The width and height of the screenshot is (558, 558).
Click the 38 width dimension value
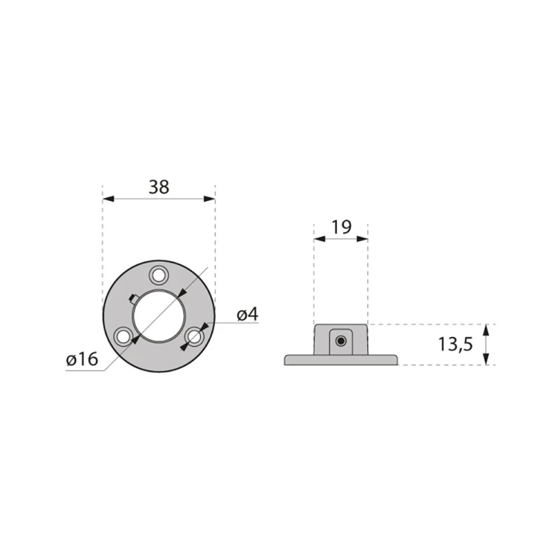[x=158, y=187]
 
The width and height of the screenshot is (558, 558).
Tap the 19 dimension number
[x=341, y=228]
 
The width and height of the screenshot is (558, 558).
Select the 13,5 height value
[x=455, y=344]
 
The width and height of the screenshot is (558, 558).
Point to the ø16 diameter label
[x=82, y=359]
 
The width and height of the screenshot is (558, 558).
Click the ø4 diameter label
[x=247, y=315]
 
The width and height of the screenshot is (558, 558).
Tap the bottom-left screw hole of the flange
[x=124, y=336]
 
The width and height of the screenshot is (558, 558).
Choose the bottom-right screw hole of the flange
[x=194, y=336]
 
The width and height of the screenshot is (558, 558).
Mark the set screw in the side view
[x=340, y=341]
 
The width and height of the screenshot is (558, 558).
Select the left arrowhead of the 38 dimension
[x=107, y=199]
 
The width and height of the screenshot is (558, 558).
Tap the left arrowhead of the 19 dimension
[x=318, y=239]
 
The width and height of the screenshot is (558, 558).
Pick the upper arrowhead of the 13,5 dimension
[x=487, y=329]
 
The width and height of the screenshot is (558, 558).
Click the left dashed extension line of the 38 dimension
[x=102, y=238]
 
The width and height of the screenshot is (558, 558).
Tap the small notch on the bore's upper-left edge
[x=132, y=298]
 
